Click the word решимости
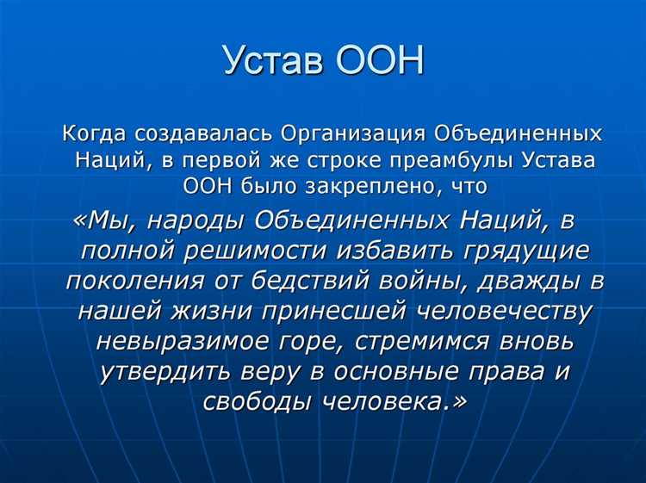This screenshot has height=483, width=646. click(x=260, y=251)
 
